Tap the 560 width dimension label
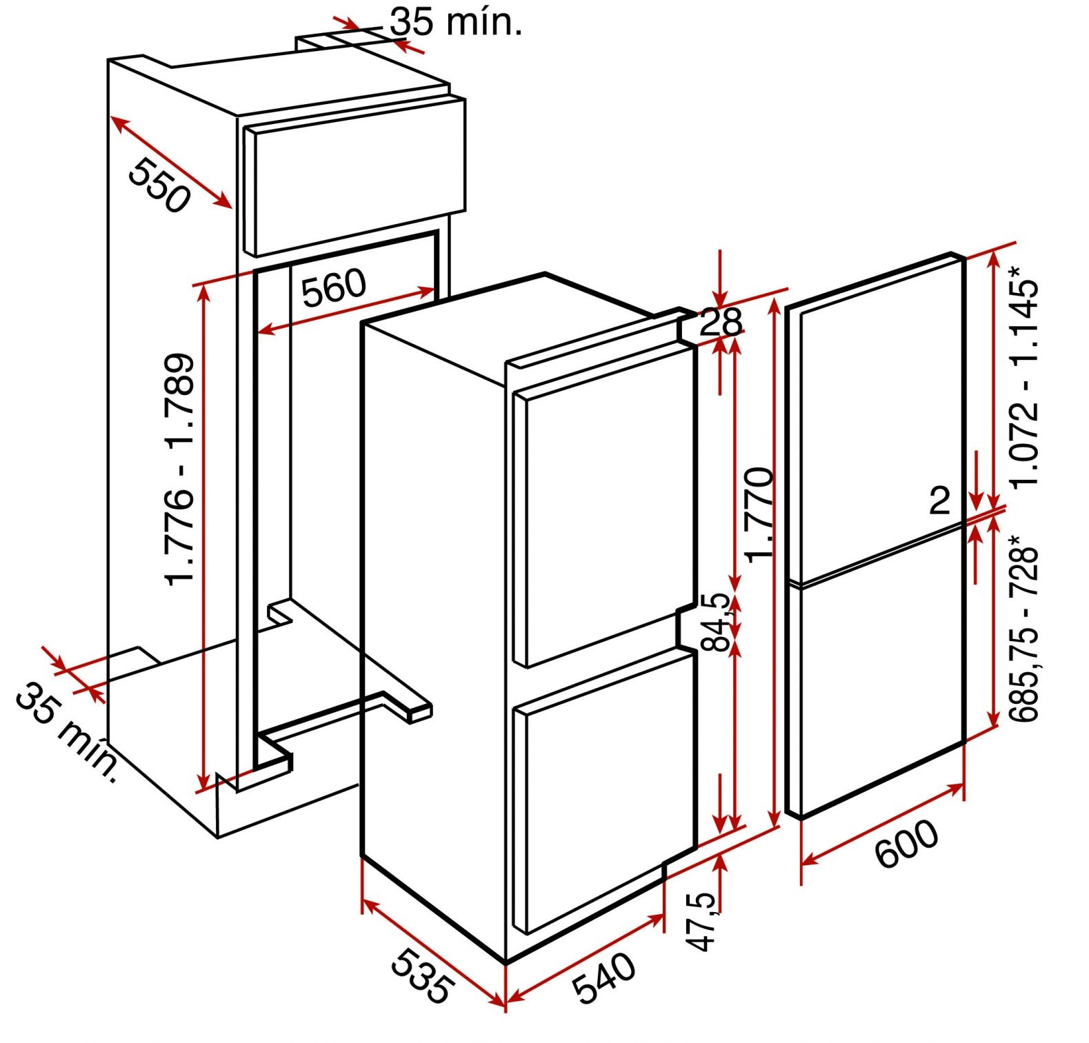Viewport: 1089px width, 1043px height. pos(334,287)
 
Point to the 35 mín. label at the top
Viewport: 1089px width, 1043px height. pos(456,22)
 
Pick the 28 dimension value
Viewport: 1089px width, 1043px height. pos(720,321)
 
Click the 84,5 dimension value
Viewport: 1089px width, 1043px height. pos(715,622)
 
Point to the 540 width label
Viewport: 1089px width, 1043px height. pos(604,978)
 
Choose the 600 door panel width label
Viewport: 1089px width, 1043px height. pos(906,842)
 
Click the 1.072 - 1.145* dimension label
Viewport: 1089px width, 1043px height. pos(1023,375)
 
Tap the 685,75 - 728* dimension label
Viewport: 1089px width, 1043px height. pos(1023,627)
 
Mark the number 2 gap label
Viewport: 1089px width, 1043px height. pos(940,500)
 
